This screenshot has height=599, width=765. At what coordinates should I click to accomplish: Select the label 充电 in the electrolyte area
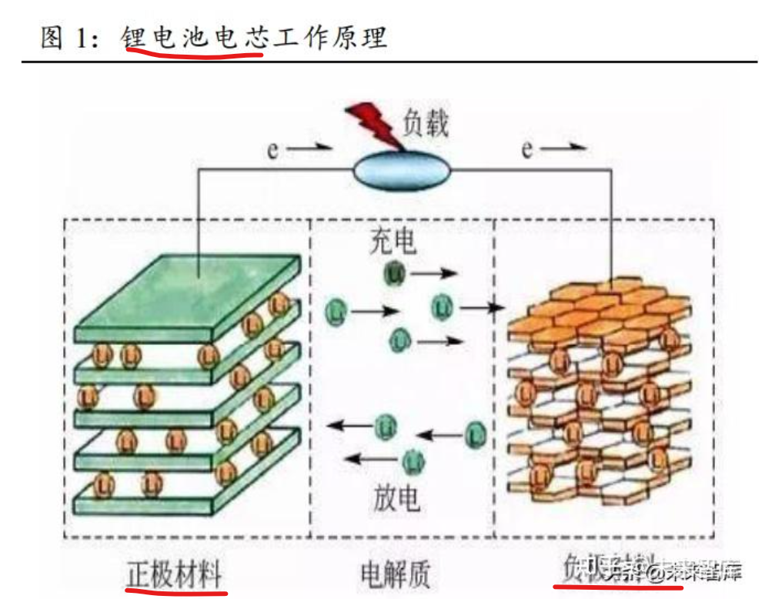393,241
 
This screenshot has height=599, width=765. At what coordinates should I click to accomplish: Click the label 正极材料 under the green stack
175,574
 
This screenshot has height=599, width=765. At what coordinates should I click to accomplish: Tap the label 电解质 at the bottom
395,574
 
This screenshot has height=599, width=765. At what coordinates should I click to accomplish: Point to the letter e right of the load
526,149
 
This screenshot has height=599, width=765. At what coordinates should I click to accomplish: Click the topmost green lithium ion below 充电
395,273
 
